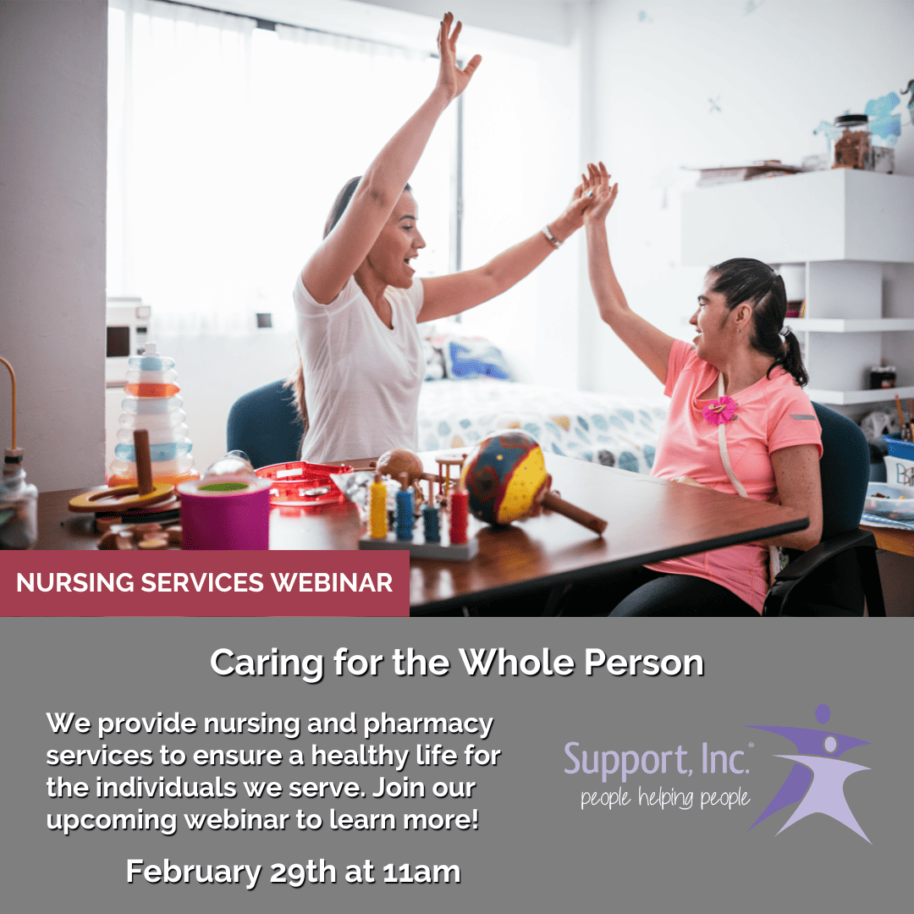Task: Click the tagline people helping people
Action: (x=664, y=798)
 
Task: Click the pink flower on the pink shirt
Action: (x=720, y=410)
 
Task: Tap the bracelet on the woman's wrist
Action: (x=552, y=237)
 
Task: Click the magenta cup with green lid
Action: (x=224, y=511)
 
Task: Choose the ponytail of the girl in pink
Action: (x=792, y=360)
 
